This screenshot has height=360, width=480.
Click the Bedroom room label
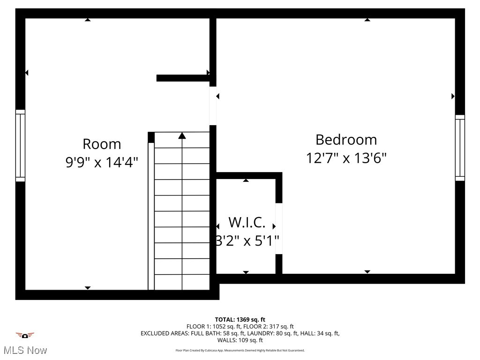pos(346,140)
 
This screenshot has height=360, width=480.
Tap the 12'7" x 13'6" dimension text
pos(346,158)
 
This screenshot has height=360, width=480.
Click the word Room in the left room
pos(102,144)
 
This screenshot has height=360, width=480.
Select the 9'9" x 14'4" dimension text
pos(102,163)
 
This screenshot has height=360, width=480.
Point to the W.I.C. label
pos(247,222)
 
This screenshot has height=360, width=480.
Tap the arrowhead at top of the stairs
pos(182,136)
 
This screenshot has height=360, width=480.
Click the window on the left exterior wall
pos(20,145)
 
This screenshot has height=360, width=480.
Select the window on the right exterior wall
pos(460,148)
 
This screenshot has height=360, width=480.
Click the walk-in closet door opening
pos(279,228)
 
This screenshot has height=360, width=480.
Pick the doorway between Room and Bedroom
pos(213,105)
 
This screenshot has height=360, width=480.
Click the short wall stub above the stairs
pos(183,78)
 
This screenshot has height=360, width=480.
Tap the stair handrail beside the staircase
pos(151,216)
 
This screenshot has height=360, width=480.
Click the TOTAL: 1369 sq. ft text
pos(240,320)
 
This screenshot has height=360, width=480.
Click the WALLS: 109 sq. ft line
pos(240,340)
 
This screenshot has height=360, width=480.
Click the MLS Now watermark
pos(25,350)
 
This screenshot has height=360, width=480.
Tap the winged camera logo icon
pos(25,335)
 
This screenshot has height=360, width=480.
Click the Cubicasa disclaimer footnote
pos(240,350)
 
